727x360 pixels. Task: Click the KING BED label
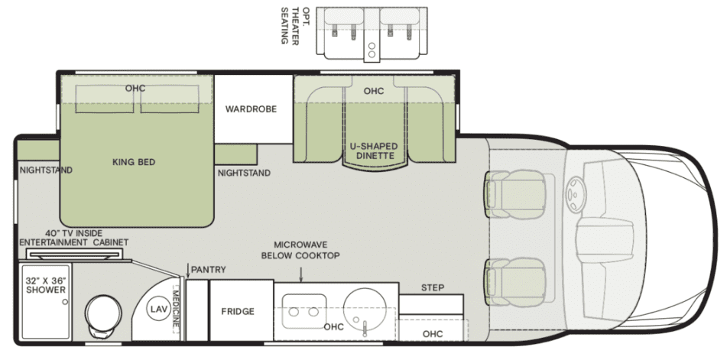[x=134, y=162]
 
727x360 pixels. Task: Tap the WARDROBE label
[x=251, y=109]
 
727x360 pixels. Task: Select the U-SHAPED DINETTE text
[x=374, y=151]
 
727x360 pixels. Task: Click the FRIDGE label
[x=238, y=311]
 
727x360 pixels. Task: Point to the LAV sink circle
[x=156, y=309]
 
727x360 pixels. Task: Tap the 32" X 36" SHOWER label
[x=46, y=285]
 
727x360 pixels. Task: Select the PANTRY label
[x=208, y=270]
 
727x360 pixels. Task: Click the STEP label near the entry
[x=432, y=287]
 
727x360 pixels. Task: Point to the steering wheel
[x=576, y=195]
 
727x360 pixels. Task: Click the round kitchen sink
[x=365, y=309]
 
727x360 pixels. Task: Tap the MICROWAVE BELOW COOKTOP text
[x=300, y=250]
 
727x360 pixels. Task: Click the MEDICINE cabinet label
[x=176, y=308]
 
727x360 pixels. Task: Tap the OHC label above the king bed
[x=135, y=88]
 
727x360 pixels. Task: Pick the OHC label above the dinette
[x=374, y=91]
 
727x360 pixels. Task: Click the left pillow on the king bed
[x=104, y=99]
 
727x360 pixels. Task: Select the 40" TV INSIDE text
[x=74, y=233]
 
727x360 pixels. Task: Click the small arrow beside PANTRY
[x=188, y=271]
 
